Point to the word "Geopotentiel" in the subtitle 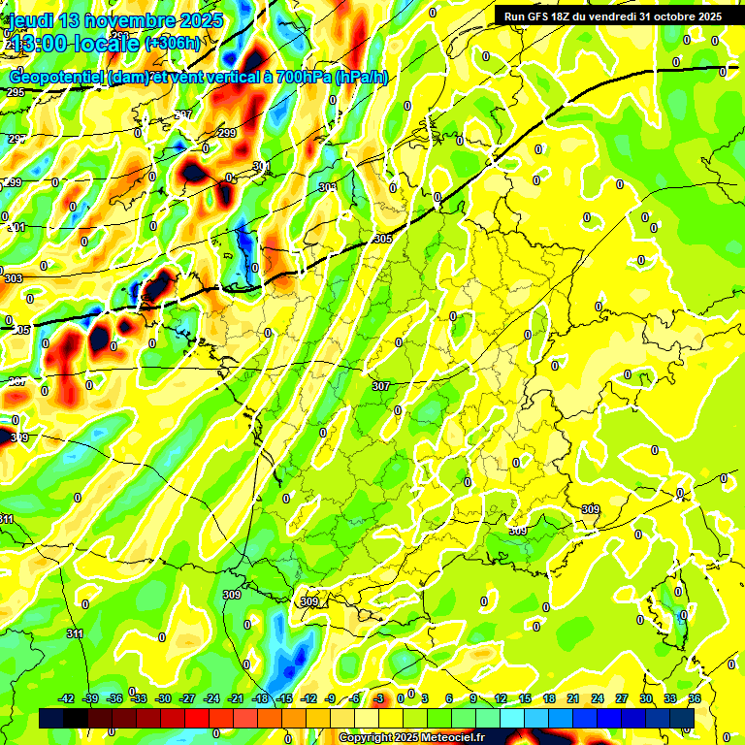(55, 78)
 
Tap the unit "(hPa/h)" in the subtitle (361, 78)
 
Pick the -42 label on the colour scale (67, 698)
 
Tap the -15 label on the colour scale (284, 698)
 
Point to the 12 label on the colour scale (501, 698)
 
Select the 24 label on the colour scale (597, 698)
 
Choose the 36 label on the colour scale (694, 698)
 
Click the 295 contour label (15, 92)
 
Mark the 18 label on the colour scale (549, 698)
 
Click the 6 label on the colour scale (449, 698)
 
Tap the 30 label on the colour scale (645, 698)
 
